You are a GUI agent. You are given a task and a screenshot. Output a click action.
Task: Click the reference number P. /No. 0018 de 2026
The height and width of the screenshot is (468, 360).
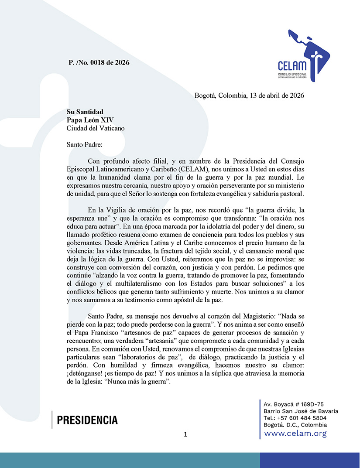click(99, 62)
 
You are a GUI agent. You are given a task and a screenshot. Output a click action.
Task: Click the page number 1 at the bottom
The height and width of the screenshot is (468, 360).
click(185, 434)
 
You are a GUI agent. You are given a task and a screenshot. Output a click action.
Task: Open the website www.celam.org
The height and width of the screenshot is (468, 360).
click(295, 433)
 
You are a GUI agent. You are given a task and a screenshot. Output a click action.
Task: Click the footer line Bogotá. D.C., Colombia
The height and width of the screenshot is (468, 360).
click(295, 425)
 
